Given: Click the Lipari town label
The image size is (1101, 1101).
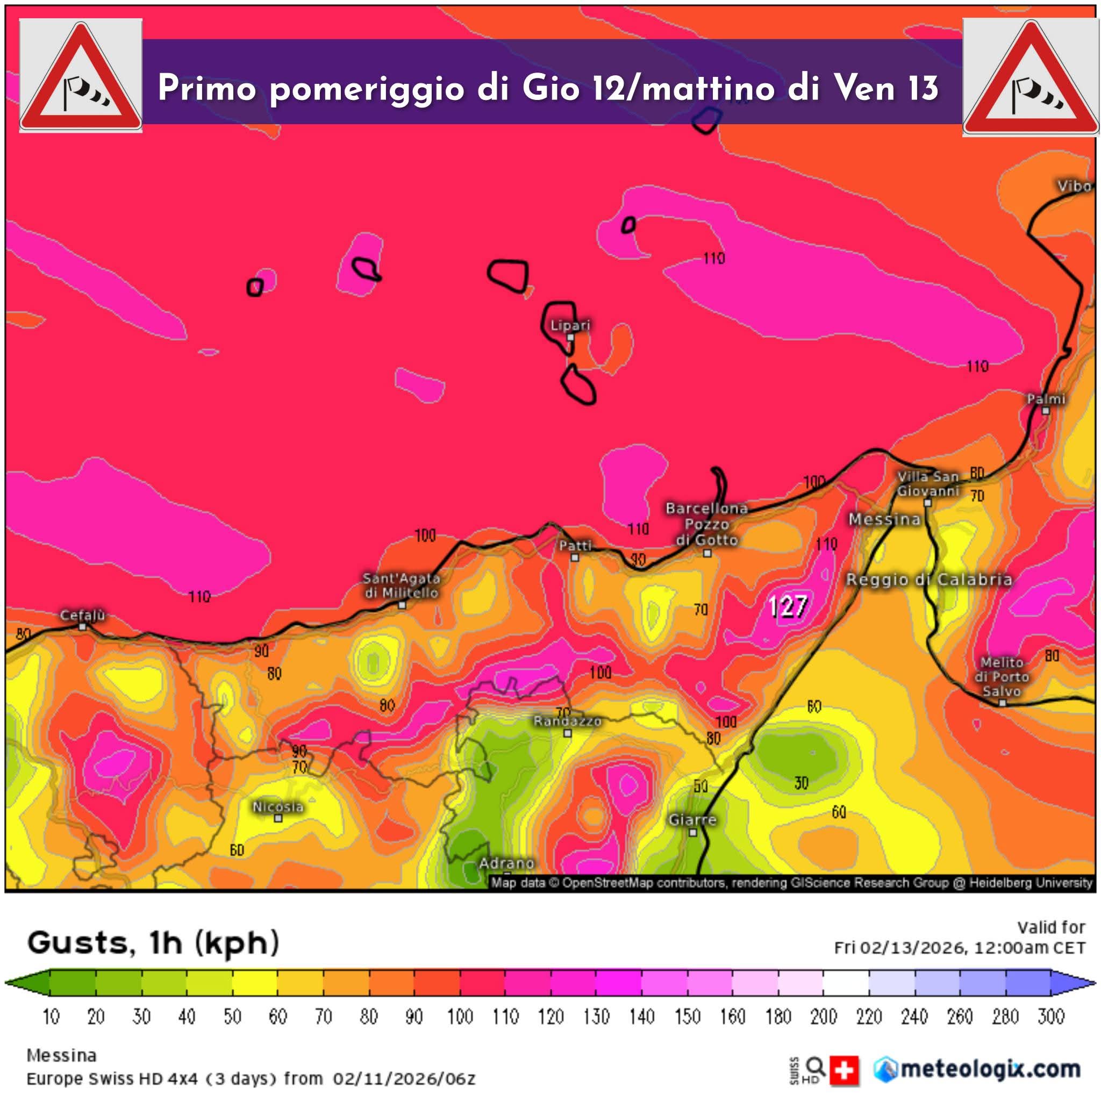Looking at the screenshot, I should coord(570,325).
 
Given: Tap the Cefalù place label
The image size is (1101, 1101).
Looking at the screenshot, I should coord(83,616).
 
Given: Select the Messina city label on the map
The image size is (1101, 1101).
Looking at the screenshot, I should coord(884,519).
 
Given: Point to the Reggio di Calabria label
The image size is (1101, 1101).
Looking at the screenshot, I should coord(929,580).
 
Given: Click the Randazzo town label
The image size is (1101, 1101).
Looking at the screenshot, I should coord(567,721).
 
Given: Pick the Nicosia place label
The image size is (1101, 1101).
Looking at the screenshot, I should coord(277,806).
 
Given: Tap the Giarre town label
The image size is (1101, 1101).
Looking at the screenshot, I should coord(692,819).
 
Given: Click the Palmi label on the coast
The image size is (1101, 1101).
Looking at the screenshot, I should coord(1046,399).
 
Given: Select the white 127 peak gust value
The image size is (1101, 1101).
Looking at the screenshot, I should coord(788,606).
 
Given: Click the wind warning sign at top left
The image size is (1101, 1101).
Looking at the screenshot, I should coord(80,76).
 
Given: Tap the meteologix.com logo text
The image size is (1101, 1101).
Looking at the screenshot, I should coord(990,1069).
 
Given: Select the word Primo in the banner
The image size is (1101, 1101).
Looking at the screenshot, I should coord(207,88).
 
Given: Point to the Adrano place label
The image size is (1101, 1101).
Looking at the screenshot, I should coord(506,863).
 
